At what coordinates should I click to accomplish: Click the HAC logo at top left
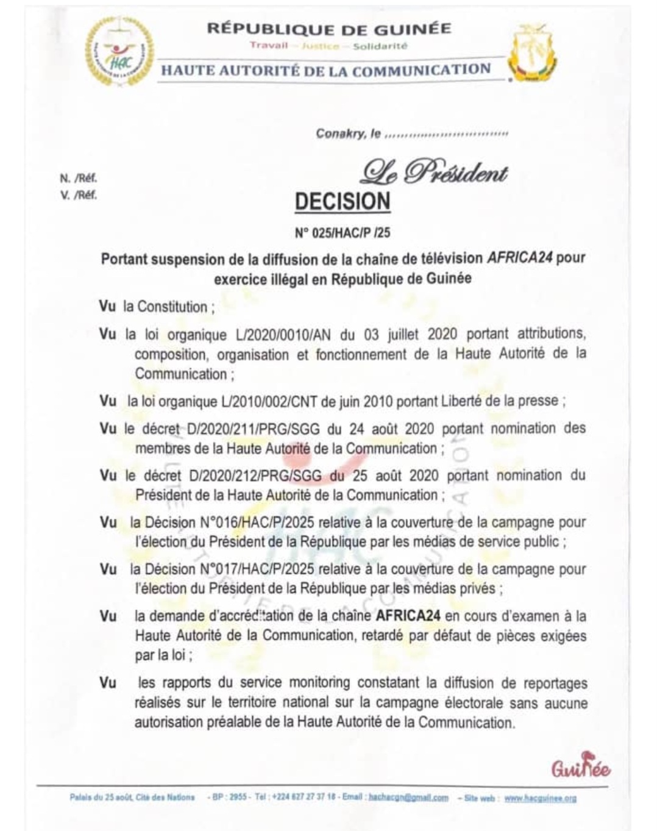click(x=119, y=52)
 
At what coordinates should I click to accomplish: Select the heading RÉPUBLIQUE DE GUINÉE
click(x=329, y=29)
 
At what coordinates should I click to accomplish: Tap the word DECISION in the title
click(x=343, y=201)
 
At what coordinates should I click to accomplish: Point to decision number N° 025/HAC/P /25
click(x=342, y=234)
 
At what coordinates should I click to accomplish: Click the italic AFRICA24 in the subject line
click(x=520, y=257)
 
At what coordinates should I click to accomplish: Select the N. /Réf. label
click(x=78, y=178)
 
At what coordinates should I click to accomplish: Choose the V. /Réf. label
click(x=78, y=196)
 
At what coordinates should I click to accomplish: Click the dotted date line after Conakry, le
click(x=447, y=134)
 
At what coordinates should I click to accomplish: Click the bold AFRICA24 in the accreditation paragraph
click(x=408, y=616)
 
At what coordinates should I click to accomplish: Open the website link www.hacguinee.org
click(x=540, y=798)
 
